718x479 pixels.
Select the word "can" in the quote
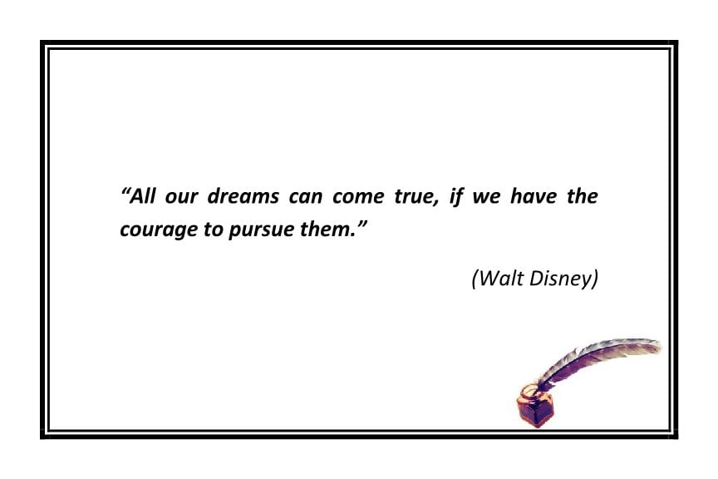pos(306,198)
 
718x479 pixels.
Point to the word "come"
pos(358,198)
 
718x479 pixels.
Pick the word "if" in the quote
pos(456,198)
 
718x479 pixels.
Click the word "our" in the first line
pos(184,198)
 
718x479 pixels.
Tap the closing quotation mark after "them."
pos(362,225)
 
